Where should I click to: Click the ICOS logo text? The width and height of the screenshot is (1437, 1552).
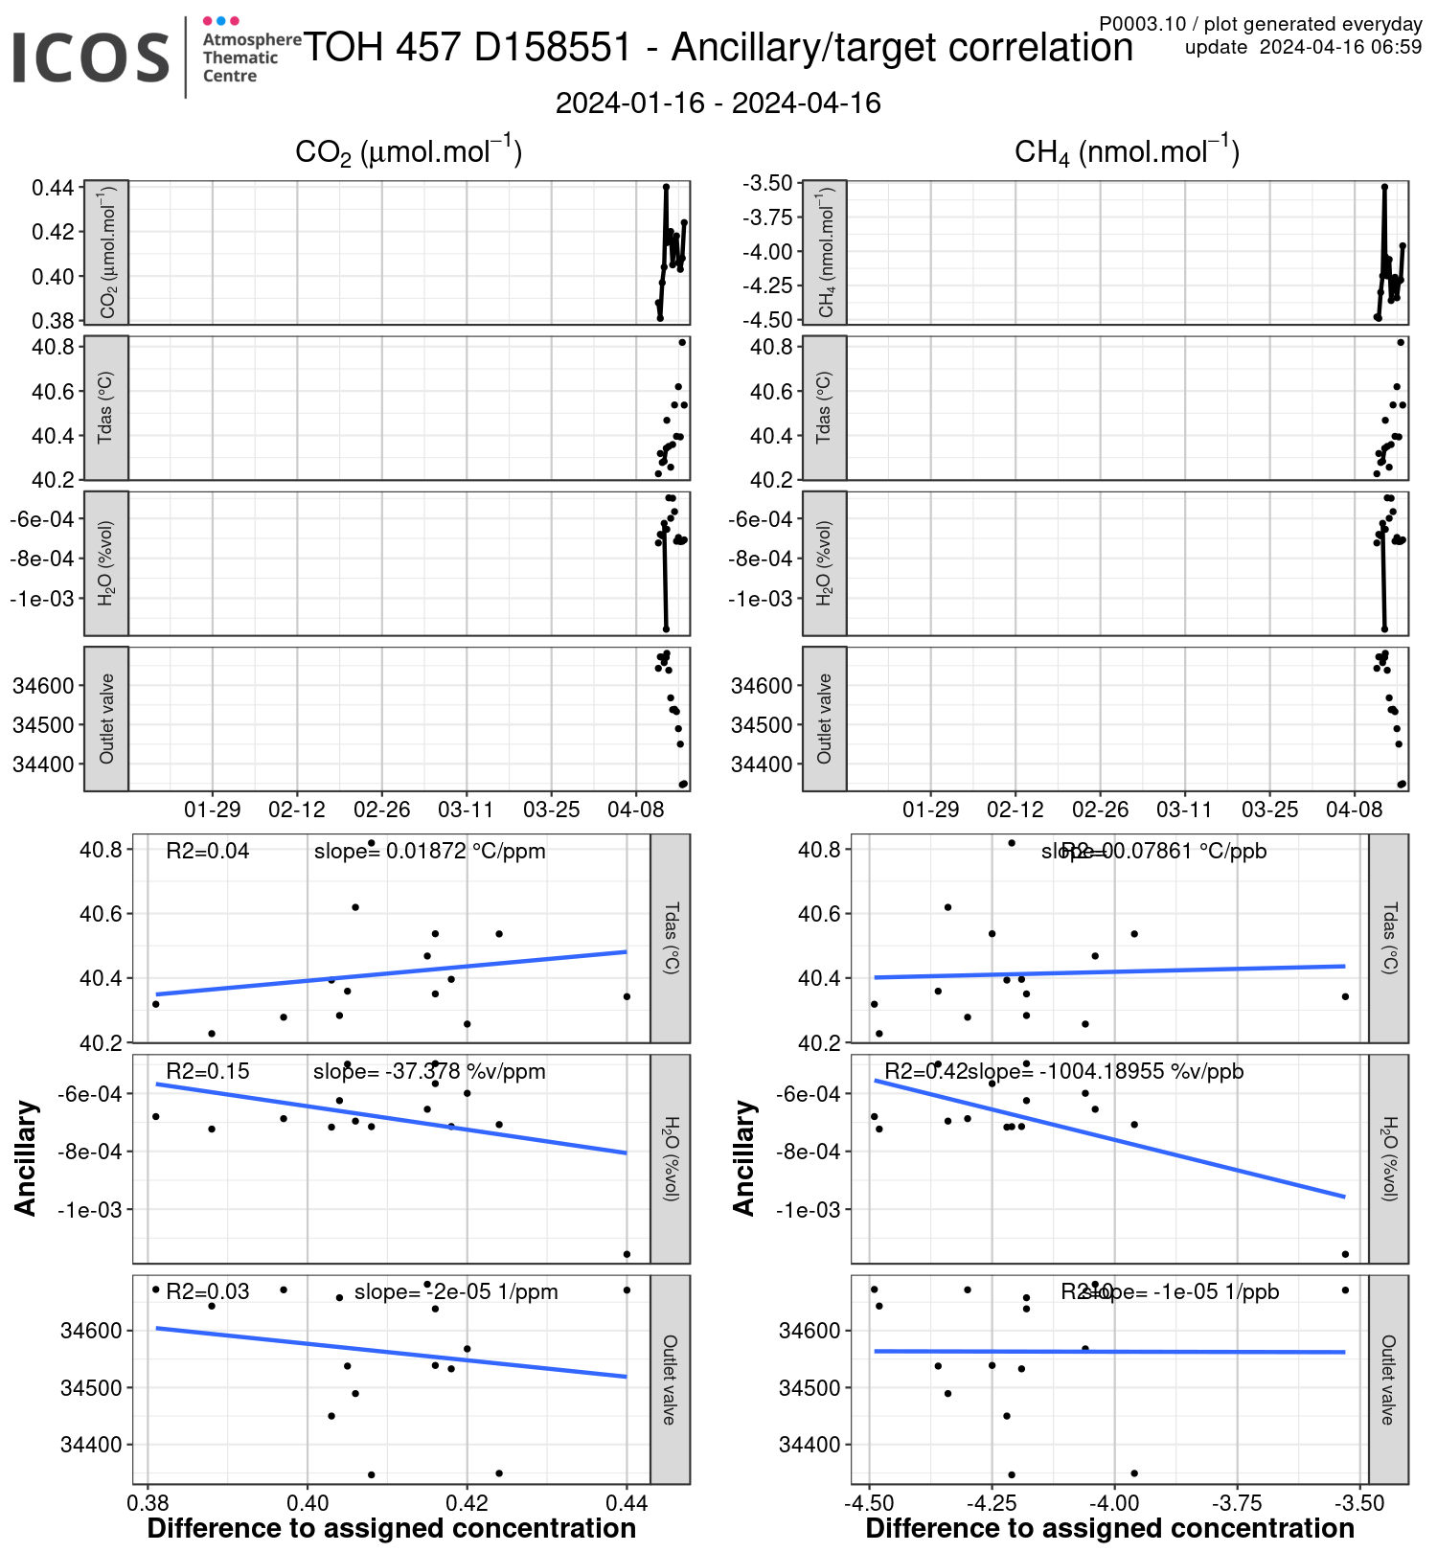[91, 57]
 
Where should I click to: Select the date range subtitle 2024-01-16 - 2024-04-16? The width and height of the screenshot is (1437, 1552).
[718, 103]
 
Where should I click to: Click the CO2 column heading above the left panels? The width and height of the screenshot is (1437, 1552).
[408, 152]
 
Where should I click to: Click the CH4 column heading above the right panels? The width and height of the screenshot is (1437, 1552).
[1127, 152]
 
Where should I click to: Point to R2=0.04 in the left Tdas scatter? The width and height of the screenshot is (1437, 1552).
[207, 851]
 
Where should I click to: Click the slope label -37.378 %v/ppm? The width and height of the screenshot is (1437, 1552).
[429, 1071]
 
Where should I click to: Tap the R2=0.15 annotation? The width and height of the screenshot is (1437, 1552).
[207, 1071]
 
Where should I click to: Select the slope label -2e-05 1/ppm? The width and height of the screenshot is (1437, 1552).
[456, 1291]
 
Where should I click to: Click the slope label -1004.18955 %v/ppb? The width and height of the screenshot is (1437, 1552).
[1106, 1071]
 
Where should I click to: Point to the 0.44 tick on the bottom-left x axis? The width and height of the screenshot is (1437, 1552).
[627, 1502]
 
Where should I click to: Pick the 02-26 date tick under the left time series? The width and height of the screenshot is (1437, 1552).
[381, 810]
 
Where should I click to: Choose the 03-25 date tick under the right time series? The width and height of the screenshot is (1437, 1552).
[1269, 810]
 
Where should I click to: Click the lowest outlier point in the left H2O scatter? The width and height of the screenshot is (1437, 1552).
[627, 1254]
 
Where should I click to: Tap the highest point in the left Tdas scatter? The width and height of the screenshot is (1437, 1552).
[372, 843]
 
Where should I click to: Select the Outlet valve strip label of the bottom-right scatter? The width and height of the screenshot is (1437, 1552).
[1388, 1380]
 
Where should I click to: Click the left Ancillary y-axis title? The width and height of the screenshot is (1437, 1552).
[26, 1158]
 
